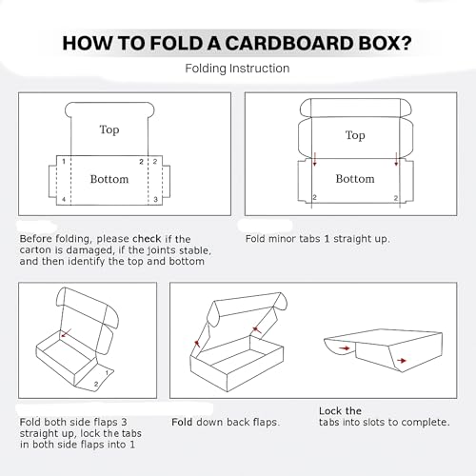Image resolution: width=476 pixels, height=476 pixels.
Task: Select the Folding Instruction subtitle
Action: pos(237,69)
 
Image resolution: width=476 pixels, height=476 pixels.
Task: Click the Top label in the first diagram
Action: pos(109,129)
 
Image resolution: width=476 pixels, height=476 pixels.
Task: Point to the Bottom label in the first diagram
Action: pos(109,179)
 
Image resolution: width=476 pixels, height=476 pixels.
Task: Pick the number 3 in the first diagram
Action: pos(154,200)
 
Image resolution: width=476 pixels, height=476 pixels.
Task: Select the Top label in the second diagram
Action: pos(355,135)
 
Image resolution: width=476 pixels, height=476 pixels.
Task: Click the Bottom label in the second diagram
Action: pos(355,179)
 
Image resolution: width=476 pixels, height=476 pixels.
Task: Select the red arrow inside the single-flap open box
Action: pos(66,335)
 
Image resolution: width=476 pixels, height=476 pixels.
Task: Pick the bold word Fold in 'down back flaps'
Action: pos(183,420)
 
